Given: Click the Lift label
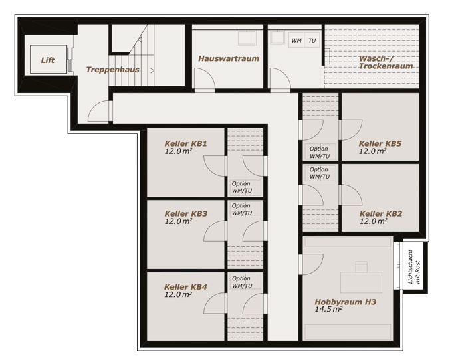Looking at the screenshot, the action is coord(48,60).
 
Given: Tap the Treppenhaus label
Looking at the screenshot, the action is coord(113,70).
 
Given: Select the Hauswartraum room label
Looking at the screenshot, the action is coord(229,58).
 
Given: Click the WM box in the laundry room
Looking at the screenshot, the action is coord(296,41).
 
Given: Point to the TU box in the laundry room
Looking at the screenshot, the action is coord(312,41).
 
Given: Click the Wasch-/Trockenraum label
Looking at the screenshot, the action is coord(386,62).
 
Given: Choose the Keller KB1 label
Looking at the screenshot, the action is coord(185,143).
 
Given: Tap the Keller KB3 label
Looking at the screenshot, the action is coord(185,213).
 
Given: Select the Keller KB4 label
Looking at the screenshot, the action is coord(185,286).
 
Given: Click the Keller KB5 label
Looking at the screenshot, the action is coord(380,143).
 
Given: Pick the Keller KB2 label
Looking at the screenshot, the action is coord(381,213).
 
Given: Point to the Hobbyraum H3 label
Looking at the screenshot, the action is coord(345,302).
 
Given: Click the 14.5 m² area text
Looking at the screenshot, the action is coord(328,309).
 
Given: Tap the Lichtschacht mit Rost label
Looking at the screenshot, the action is coord(414,266).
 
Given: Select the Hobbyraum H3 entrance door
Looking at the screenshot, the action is coord(313,264).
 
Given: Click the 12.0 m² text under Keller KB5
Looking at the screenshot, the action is coord(372,151).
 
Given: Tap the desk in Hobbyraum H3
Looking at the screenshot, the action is coord(361,282).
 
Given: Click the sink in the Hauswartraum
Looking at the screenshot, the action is coord(247,38).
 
